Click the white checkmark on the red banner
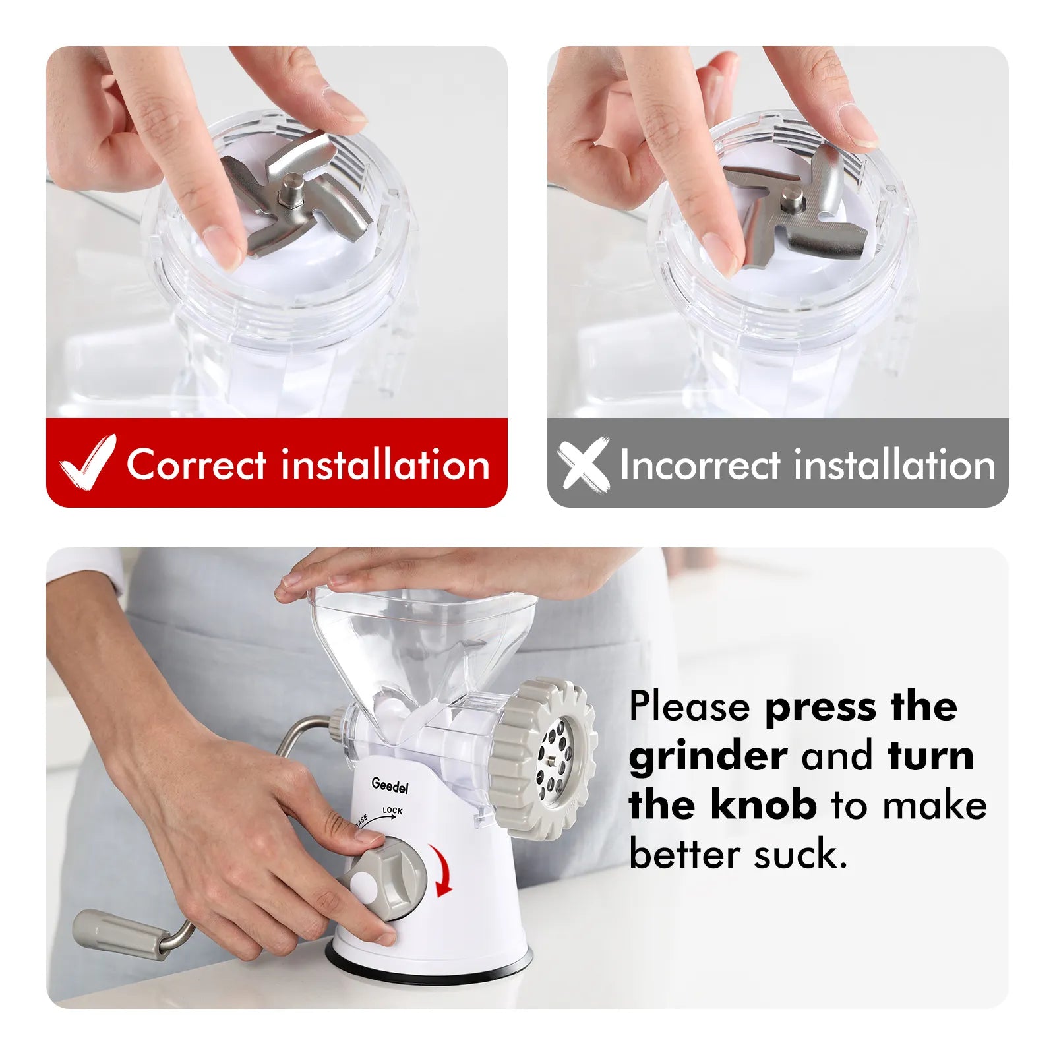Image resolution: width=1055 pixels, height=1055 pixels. pos(87,464)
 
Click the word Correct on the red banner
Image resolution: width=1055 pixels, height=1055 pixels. pos(196,464)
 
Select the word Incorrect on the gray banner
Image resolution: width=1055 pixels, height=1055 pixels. pos(700,464)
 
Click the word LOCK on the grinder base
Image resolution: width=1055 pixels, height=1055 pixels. pos(392,811)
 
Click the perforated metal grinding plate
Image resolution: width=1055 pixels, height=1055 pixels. pos(555,762)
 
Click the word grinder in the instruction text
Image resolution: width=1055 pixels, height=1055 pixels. pos(708,757)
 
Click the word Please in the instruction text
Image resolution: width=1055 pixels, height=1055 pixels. pos(690,706)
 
